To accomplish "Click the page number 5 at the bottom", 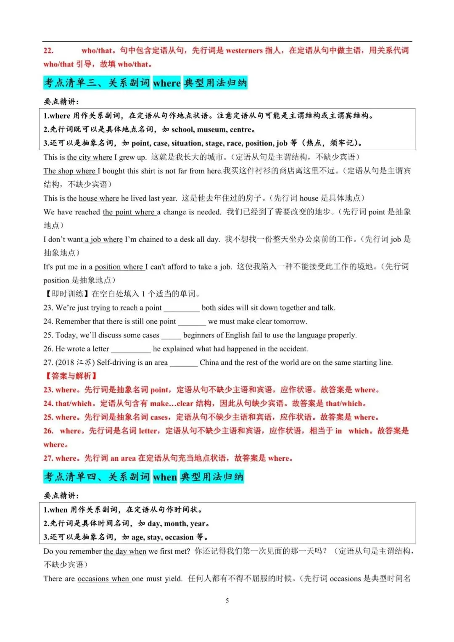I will [227, 600].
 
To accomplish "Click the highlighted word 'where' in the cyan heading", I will [166, 83].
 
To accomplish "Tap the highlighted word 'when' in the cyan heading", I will [165, 477].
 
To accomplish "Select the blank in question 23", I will [181, 308].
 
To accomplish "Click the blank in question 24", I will [192, 322].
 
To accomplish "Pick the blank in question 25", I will [171, 336].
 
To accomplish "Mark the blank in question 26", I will [131, 349].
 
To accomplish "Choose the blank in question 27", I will [183, 363].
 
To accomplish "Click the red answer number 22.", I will [48, 51].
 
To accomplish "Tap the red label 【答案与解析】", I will [71, 376].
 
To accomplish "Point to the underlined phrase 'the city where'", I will [90, 157].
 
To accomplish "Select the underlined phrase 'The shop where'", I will [70, 171].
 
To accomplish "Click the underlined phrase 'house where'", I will [99, 198].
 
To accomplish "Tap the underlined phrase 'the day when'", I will [125, 551].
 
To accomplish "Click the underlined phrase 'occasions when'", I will [103, 579].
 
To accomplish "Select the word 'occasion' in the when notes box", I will [179, 537].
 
